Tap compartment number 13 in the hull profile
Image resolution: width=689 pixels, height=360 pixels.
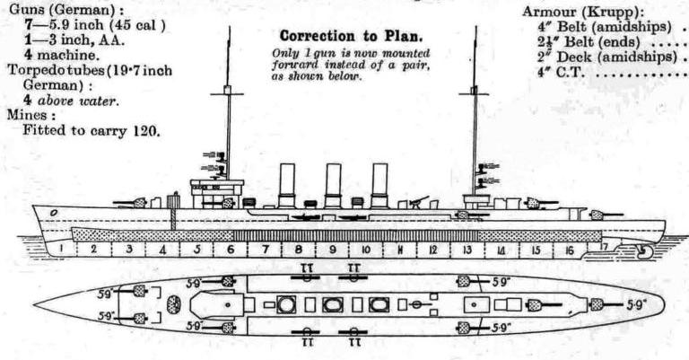[x=467, y=249]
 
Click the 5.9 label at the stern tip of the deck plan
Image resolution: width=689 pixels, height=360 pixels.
[x=636, y=304]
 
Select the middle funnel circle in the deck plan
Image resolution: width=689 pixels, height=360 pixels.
[x=332, y=305]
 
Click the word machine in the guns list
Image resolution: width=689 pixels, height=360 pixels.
[x=67, y=55]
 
